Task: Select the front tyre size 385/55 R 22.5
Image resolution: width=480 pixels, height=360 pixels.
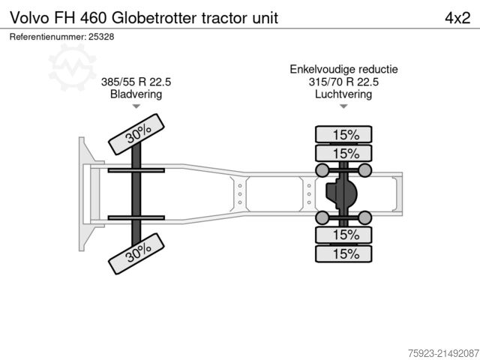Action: click(x=136, y=82)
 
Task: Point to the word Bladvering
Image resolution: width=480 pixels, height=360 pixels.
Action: click(x=136, y=94)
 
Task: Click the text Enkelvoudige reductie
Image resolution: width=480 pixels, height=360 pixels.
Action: click(x=344, y=69)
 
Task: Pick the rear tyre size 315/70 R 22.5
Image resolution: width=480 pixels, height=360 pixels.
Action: click(x=344, y=82)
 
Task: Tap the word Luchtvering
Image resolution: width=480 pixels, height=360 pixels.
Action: click(x=344, y=94)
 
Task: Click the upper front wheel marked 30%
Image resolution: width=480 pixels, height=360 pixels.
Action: click(x=136, y=133)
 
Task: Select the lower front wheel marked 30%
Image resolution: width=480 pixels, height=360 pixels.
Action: click(x=136, y=253)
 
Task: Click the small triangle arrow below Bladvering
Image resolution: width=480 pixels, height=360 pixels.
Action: click(x=136, y=107)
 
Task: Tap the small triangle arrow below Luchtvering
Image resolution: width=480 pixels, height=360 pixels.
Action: click(x=344, y=107)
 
